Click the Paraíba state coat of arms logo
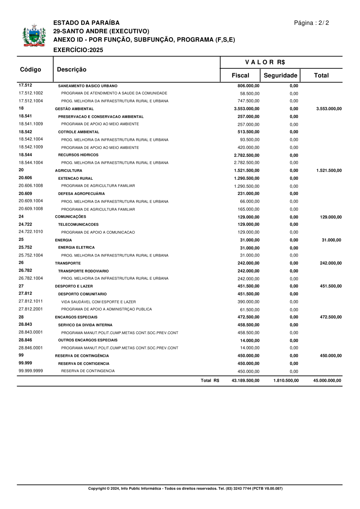34,36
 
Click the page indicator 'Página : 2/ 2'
312,23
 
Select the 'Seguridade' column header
280,75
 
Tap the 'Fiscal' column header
240,75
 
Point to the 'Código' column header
31,69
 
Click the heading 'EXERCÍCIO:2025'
78,50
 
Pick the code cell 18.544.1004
31,162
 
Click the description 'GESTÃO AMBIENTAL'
74,109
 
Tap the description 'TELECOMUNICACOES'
78,224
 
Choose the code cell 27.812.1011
31,301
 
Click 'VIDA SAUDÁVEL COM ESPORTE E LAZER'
98,302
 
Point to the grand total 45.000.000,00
327,381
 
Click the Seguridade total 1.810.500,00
286,381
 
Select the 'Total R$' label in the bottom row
210,381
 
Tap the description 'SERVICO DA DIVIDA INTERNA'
85,325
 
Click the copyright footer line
185,489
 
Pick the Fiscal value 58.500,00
250,93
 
